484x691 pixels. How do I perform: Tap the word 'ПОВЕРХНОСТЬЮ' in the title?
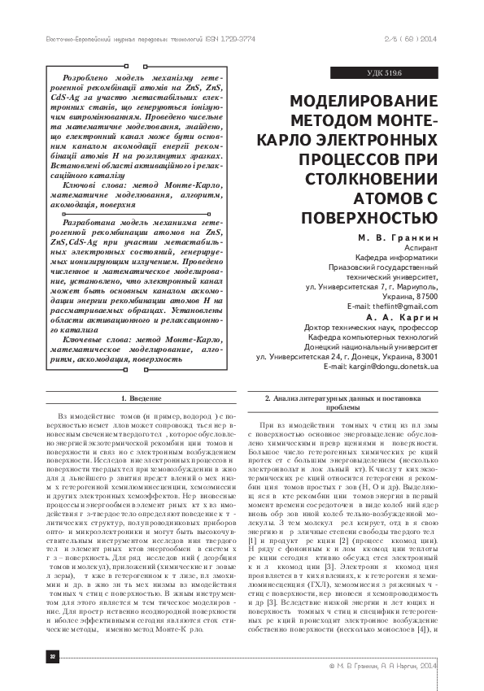coord(369,218)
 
